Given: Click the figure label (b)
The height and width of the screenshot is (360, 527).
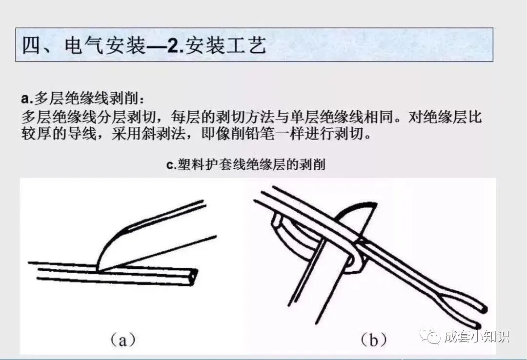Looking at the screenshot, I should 373,340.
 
